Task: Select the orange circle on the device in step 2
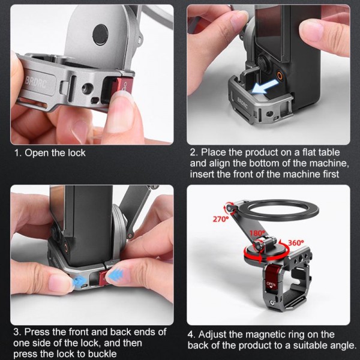click(x=279, y=77)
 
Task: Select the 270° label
click(x=220, y=220)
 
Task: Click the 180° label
click(x=258, y=233)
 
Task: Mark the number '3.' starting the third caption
click(x=19, y=332)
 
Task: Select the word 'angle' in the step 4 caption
click(x=342, y=346)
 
